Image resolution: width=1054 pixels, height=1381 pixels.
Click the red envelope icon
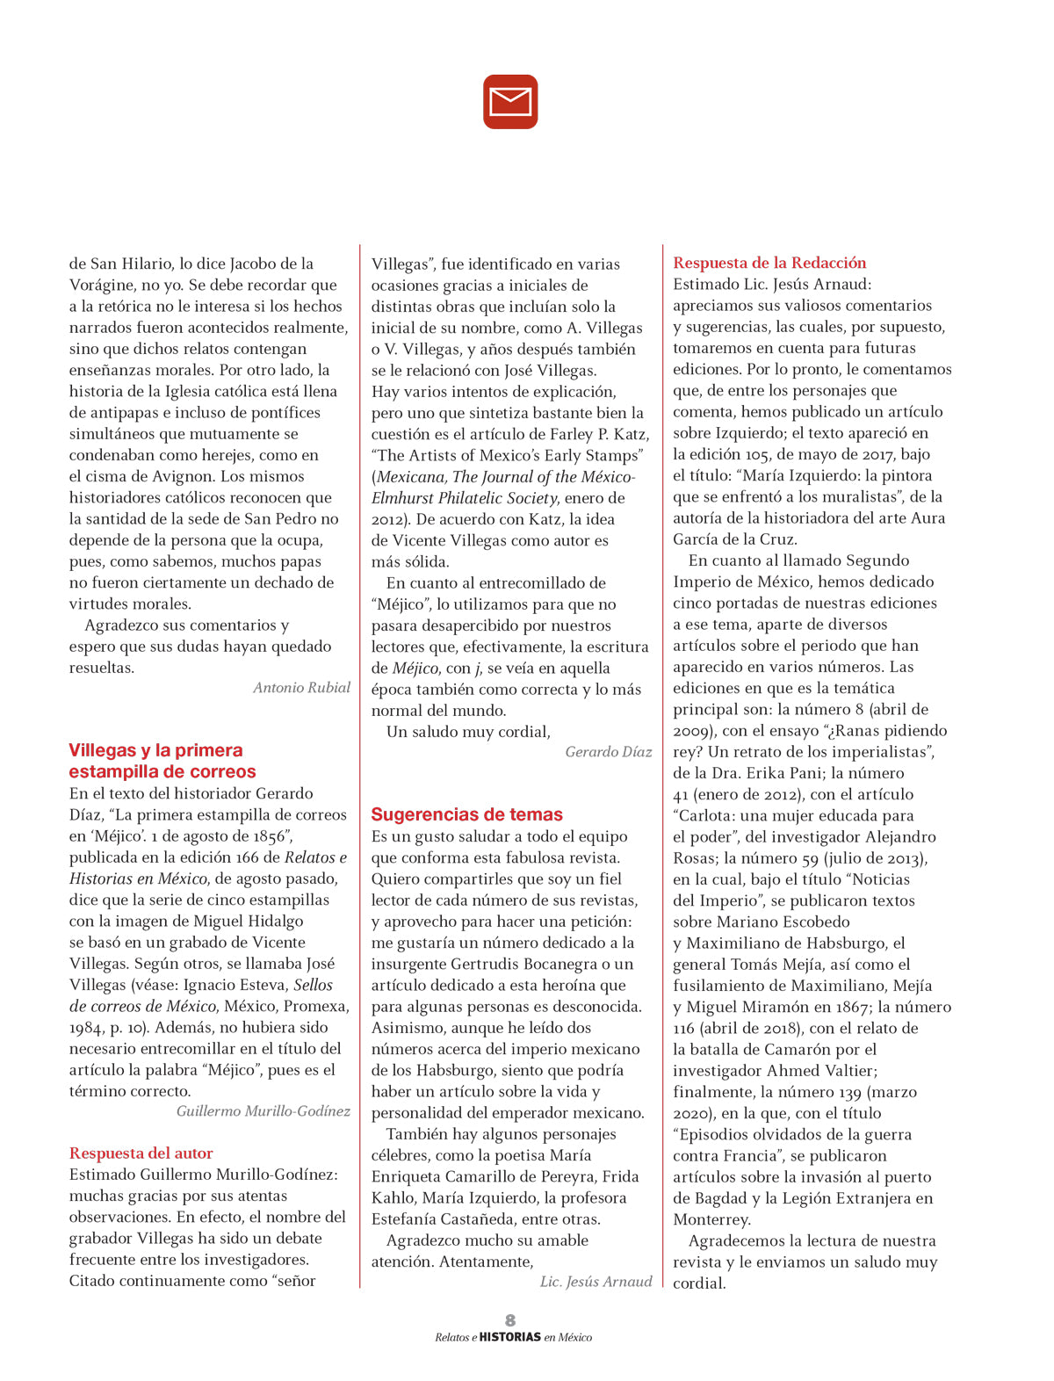[510, 102]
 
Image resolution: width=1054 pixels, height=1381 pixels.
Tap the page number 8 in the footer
[510, 1320]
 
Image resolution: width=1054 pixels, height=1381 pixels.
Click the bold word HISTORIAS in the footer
[510, 1337]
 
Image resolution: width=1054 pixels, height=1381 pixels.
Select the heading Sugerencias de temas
[466, 814]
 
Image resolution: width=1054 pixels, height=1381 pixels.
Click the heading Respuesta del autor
[141, 1153]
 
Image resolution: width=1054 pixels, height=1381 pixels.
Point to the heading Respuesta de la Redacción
[769, 263]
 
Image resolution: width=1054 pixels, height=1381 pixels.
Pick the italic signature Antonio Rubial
[301, 687]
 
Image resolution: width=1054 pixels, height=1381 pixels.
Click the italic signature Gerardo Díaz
[608, 751]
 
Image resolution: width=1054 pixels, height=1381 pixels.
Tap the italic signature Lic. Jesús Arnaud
[596, 1281]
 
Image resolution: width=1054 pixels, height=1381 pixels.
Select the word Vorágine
[102, 285]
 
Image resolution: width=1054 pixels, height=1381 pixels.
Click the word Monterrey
[711, 1219]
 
